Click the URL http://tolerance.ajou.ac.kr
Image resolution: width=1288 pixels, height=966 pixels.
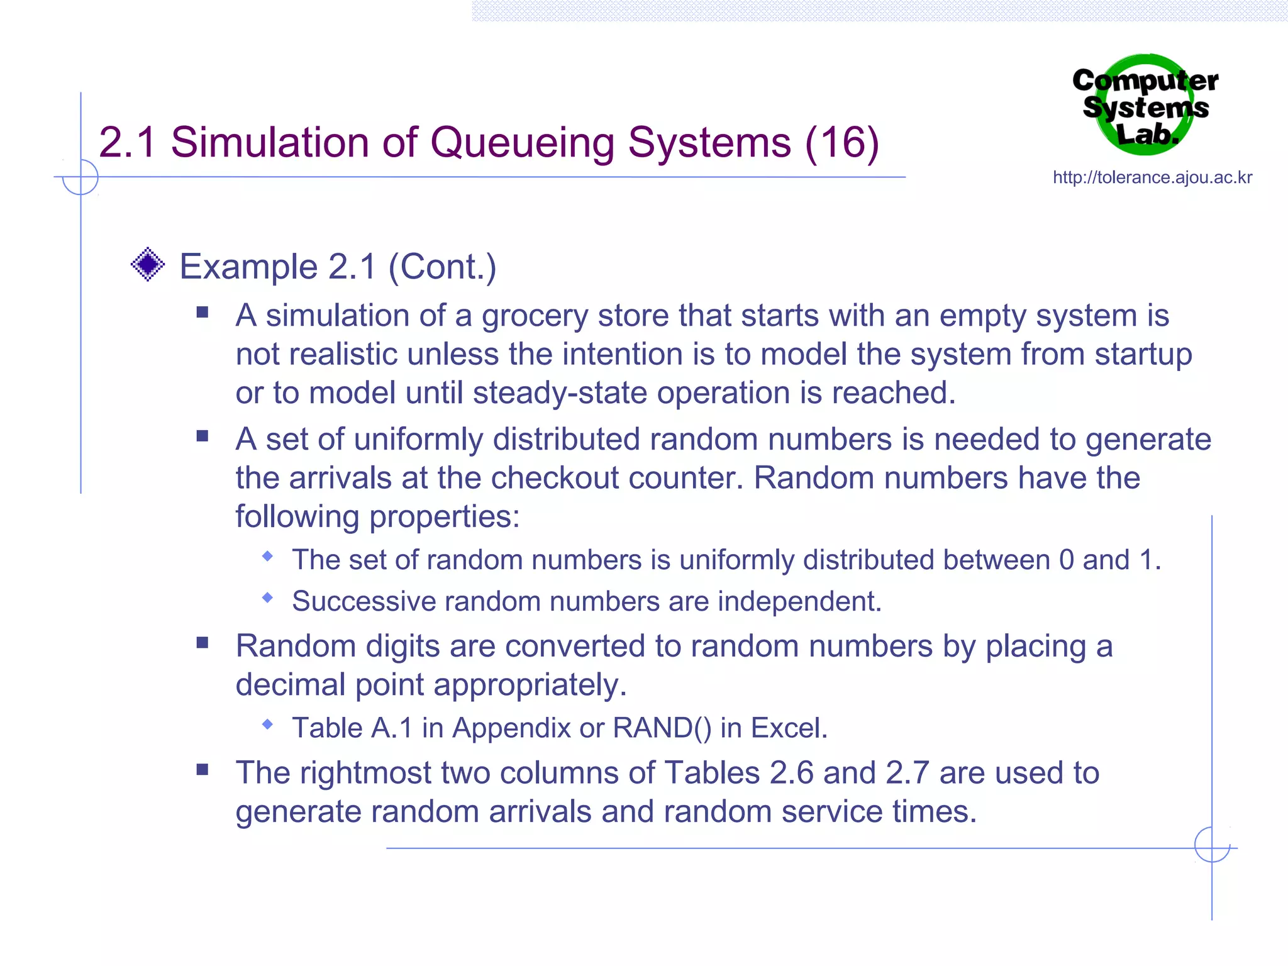pyautogui.click(x=1152, y=177)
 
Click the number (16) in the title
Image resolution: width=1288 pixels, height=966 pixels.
pyautogui.click(x=841, y=143)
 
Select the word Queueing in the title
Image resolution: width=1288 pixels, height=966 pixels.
pyautogui.click(x=521, y=143)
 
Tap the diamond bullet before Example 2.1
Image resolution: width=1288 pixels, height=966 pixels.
pyautogui.click(x=148, y=264)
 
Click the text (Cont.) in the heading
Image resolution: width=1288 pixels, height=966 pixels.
pyautogui.click(x=442, y=267)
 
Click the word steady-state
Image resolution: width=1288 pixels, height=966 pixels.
pyautogui.click(x=560, y=393)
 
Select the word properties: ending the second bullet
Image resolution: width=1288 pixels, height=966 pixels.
pyautogui.click(x=444, y=517)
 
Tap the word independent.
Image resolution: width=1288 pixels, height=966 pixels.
pyautogui.click(x=799, y=601)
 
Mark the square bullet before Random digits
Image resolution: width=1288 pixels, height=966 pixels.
pyautogui.click(x=202, y=643)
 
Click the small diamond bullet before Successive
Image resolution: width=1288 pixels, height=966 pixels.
pyautogui.click(x=268, y=597)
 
